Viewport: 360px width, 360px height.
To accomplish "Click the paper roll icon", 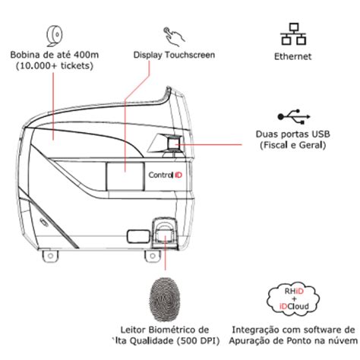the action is tap(54, 36).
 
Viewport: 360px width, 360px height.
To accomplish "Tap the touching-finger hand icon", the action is tap(174, 36).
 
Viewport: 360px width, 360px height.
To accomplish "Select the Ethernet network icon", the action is tap(293, 34).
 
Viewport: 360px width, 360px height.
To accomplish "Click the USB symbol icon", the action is tap(294, 117).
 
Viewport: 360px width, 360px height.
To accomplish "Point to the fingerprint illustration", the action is tap(165, 299).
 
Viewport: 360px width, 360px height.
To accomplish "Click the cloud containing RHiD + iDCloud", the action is tap(293, 299).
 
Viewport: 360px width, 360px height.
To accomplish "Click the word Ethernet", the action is tap(293, 56).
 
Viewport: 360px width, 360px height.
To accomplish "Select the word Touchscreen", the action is tap(190, 55).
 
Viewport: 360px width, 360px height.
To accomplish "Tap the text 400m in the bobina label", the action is tap(86, 55).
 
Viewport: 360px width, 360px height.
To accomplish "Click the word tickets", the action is tap(75, 65).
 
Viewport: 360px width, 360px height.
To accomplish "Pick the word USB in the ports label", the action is tap(321, 134).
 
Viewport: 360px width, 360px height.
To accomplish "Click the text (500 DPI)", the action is tap(197, 341).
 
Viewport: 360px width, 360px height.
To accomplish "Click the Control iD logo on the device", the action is tap(166, 175).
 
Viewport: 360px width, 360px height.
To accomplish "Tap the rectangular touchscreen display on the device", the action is tap(125, 176).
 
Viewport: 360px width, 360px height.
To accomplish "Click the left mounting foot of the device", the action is tap(50, 256).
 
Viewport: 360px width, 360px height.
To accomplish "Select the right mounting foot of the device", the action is tap(153, 256).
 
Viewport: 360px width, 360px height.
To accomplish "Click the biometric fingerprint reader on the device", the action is tap(165, 232).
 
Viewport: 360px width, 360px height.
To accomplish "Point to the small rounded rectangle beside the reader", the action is tap(137, 236).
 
